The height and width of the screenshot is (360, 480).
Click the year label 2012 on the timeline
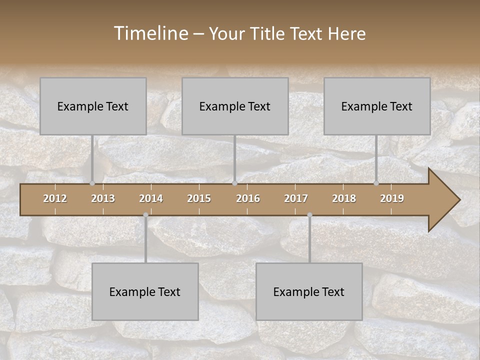pos(55,198)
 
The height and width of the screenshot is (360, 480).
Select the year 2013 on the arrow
pos(103,198)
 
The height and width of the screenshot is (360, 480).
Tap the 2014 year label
pos(151,198)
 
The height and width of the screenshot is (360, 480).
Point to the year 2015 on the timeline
pos(199,198)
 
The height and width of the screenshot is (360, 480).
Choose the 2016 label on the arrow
pos(248,198)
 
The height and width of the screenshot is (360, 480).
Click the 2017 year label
pos(296,198)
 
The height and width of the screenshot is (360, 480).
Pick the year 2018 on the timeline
pos(344,198)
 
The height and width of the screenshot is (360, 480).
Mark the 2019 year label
pos(392,198)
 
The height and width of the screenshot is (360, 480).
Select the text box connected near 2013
pos(93,106)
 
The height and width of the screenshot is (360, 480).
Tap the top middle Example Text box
pos(235,106)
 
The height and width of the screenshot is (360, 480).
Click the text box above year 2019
pos(377,106)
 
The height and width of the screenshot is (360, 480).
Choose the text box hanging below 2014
pos(145,291)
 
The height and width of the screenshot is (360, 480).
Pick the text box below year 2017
pos(309,291)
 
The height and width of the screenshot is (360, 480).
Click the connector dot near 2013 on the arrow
pos(92,183)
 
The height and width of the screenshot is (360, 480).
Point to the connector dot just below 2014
pos(145,215)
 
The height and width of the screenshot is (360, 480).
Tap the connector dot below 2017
pos(309,215)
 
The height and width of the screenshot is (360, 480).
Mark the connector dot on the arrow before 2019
pos(376,183)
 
